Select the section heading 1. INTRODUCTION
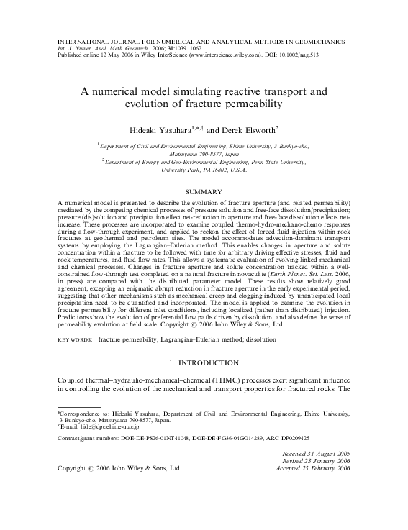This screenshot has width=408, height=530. (204, 363)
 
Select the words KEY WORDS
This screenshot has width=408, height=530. (75, 337)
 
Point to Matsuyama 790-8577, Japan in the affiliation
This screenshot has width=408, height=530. (204, 153)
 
